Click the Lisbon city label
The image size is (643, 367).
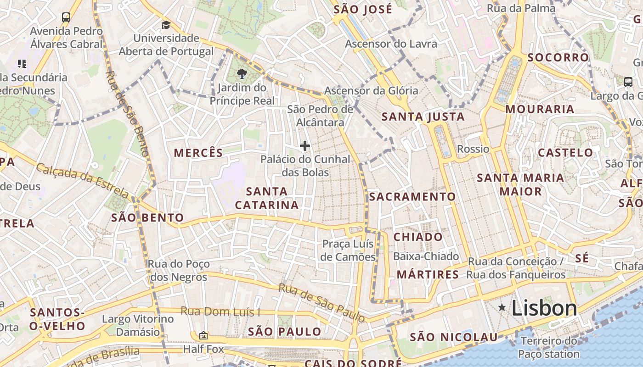tap(544, 308)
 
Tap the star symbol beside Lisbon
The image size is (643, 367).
tap(502, 307)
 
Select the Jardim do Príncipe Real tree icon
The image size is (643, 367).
tap(242, 73)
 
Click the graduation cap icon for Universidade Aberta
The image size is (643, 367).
tap(166, 25)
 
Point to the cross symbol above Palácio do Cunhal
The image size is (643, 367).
tap(305, 146)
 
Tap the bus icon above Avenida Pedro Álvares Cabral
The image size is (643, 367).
tap(66, 17)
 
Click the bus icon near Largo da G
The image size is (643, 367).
tap(628, 82)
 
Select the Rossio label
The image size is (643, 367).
tap(473, 149)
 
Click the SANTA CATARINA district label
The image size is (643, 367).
tap(267, 198)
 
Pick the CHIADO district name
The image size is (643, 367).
tap(418, 237)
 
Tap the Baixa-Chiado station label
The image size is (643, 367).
tap(426, 256)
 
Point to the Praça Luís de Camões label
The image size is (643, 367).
tap(348, 250)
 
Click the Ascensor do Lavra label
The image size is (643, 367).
tap(391, 44)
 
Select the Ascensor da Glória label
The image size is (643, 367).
tap(371, 90)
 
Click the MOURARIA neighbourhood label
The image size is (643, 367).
tap(540, 109)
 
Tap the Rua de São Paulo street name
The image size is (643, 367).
tap(322, 303)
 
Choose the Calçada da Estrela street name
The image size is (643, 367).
tap(83, 179)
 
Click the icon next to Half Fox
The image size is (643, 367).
tap(203, 335)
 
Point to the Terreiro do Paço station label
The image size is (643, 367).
tap(549, 347)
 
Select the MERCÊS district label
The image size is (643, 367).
tap(198, 153)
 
